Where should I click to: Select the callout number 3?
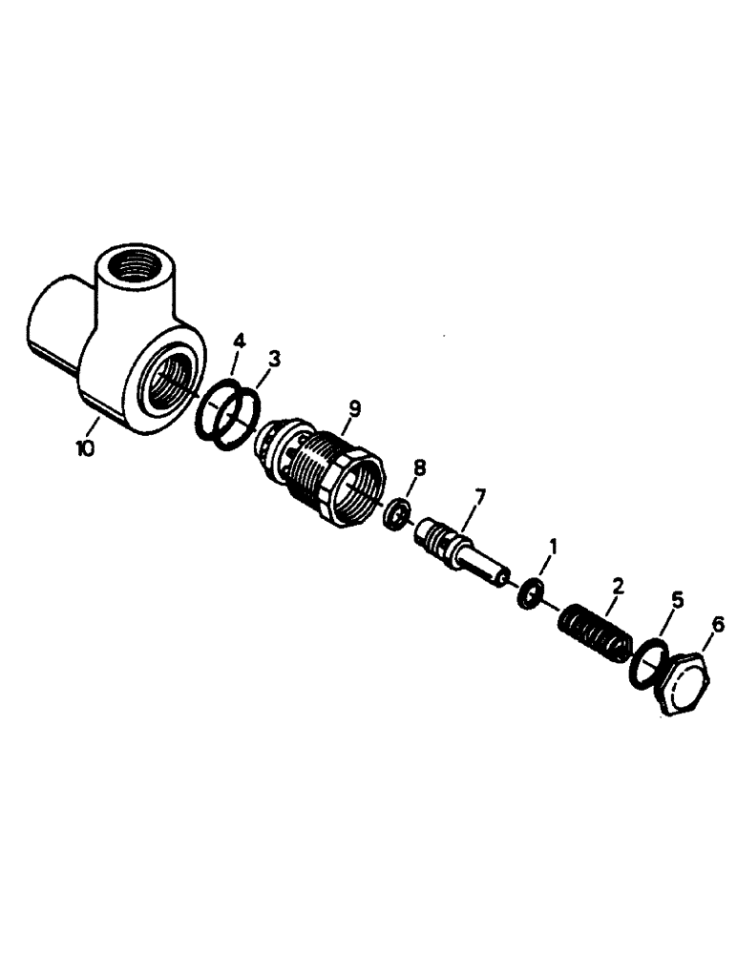274,359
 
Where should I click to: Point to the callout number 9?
354,408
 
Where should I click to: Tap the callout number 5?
677,600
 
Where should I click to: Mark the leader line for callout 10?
96,426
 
